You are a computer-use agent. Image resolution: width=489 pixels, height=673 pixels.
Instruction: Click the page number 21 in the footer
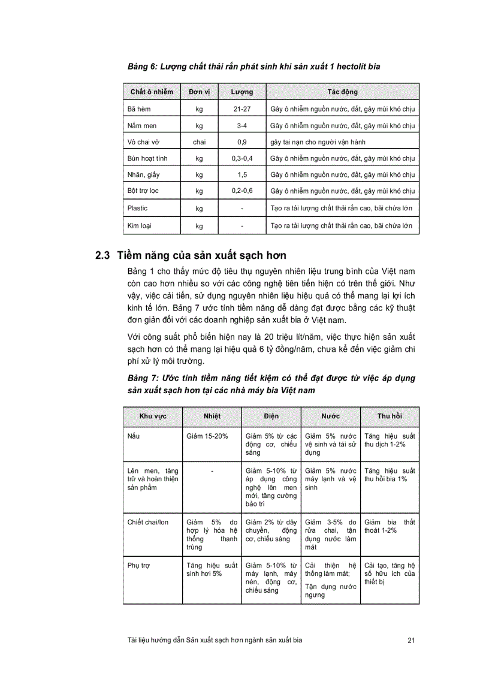[411, 640]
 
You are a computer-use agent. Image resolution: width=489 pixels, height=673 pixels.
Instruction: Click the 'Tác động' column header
[343, 92]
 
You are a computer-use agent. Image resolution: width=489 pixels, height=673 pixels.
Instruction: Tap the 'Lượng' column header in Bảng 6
[242, 92]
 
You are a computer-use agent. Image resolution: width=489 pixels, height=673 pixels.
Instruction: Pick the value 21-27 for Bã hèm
[242, 109]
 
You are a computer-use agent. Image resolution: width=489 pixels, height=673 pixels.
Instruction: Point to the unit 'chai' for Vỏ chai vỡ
[200, 142]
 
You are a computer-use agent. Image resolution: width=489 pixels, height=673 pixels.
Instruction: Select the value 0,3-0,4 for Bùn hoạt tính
[242, 158]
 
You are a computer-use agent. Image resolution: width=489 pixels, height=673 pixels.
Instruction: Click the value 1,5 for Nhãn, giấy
[242, 174]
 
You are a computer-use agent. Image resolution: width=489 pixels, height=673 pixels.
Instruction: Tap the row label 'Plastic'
[137, 208]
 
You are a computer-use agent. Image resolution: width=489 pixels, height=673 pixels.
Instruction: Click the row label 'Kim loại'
[138, 226]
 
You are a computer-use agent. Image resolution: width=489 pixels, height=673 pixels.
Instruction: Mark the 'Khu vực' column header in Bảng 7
[153, 416]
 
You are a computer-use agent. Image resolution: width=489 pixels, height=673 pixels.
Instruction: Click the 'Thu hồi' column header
[390, 416]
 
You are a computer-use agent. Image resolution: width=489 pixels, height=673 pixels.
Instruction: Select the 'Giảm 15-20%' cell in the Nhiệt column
[207, 436]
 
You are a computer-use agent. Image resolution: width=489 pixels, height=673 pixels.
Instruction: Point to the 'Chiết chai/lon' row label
[148, 522]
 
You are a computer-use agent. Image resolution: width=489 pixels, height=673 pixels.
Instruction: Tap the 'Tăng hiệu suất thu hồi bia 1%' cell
[390, 475]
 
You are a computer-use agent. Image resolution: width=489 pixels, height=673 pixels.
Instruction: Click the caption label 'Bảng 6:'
[143, 66]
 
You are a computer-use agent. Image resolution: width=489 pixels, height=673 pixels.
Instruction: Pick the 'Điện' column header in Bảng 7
[271, 416]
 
